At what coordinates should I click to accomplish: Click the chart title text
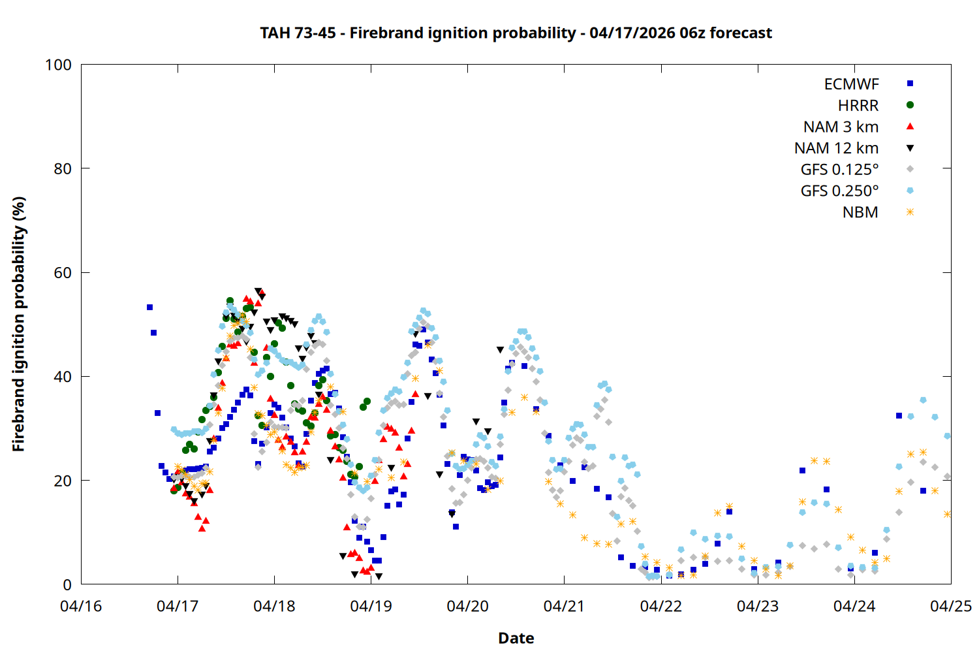pyautogui.click(x=516, y=33)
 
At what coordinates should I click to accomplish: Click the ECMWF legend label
pyautogui.click(x=851, y=84)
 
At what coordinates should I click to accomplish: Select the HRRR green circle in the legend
pyautogui.click(x=910, y=105)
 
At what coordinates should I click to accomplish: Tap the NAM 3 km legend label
pyautogui.click(x=841, y=127)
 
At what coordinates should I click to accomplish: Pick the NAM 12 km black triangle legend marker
pyautogui.click(x=910, y=148)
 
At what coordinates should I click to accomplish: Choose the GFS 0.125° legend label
pyautogui.click(x=839, y=170)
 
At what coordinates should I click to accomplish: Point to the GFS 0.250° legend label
pyautogui.click(x=839, y=191)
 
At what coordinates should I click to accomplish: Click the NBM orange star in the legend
pyautogui.click(x=910, y=212)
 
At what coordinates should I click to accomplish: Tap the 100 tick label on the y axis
pyautogui.click(x=58, y=65)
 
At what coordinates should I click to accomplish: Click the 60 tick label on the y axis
pyautogui.click(x=63, y=273)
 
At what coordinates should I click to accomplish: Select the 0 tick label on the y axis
pyautogui.click(x=67, y=585)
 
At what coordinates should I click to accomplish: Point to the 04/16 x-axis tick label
pyautogui.click(x=81, y=607)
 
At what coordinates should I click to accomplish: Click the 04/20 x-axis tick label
pyautogui.click(x=467, y=607)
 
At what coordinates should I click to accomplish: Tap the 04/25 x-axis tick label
pyautogui.click(x=950, y=607)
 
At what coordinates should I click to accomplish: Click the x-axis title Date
pyautogui.click(x=516, y=638)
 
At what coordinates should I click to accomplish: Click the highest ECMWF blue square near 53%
pyautogui.click(x=149, y=307)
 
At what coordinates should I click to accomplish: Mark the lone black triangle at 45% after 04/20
pyautogui.click(x=500, y=350)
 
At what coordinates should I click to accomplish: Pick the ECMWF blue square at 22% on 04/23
pyautogui.click(x=802, y=470)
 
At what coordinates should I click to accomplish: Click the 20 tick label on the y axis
pyautogui.click(x=63, y=481)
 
